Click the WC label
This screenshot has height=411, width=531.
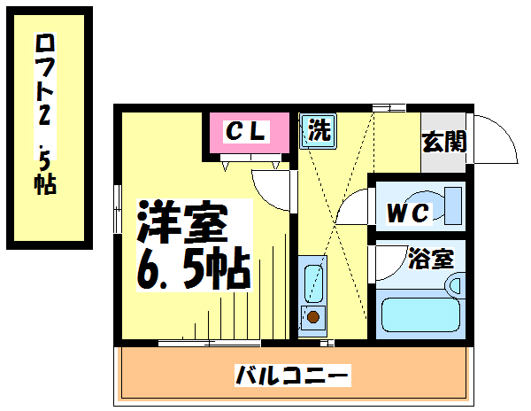click(408, 213)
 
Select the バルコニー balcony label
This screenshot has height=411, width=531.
click(292, 376)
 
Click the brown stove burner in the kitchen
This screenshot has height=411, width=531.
click(312, 315)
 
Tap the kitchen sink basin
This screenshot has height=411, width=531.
click(312, 282)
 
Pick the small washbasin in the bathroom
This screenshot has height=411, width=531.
click(455, 286)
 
